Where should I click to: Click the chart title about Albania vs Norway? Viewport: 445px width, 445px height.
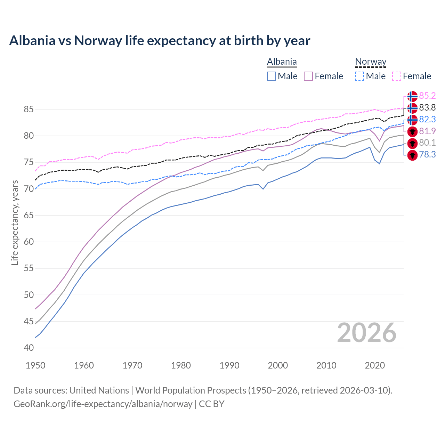(160, 41)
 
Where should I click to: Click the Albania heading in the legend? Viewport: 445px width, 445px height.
(282, 62)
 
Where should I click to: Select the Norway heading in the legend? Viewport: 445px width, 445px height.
(371, 62)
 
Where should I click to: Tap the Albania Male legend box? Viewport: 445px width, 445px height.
(272, 76)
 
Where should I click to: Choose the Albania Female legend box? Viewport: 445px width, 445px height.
(309, 76)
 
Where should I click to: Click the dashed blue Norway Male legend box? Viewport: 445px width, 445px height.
(360, 76)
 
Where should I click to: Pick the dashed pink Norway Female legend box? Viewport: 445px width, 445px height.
(397, 76)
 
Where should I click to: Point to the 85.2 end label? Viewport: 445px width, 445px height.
(427, 96)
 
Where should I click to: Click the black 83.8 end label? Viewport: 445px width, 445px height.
(427, 108)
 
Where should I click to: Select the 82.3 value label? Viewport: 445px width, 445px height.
(427, 120)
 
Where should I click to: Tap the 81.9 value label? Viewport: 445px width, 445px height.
(427, 131)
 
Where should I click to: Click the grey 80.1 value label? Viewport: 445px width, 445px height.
(427, 143)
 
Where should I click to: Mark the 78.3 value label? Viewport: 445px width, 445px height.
(427, 155)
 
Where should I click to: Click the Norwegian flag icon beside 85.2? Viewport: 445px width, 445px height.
(412, 96)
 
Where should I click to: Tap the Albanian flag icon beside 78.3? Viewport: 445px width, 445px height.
(412, 155)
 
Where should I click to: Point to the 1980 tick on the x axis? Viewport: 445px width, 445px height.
(181, 365)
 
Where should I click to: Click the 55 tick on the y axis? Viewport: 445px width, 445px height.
(29, 268)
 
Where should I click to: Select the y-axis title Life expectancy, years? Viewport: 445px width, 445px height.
(15, 222)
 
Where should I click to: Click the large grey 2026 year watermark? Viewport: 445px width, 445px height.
(366, 333)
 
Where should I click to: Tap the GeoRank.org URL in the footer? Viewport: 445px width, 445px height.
(103, 404)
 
